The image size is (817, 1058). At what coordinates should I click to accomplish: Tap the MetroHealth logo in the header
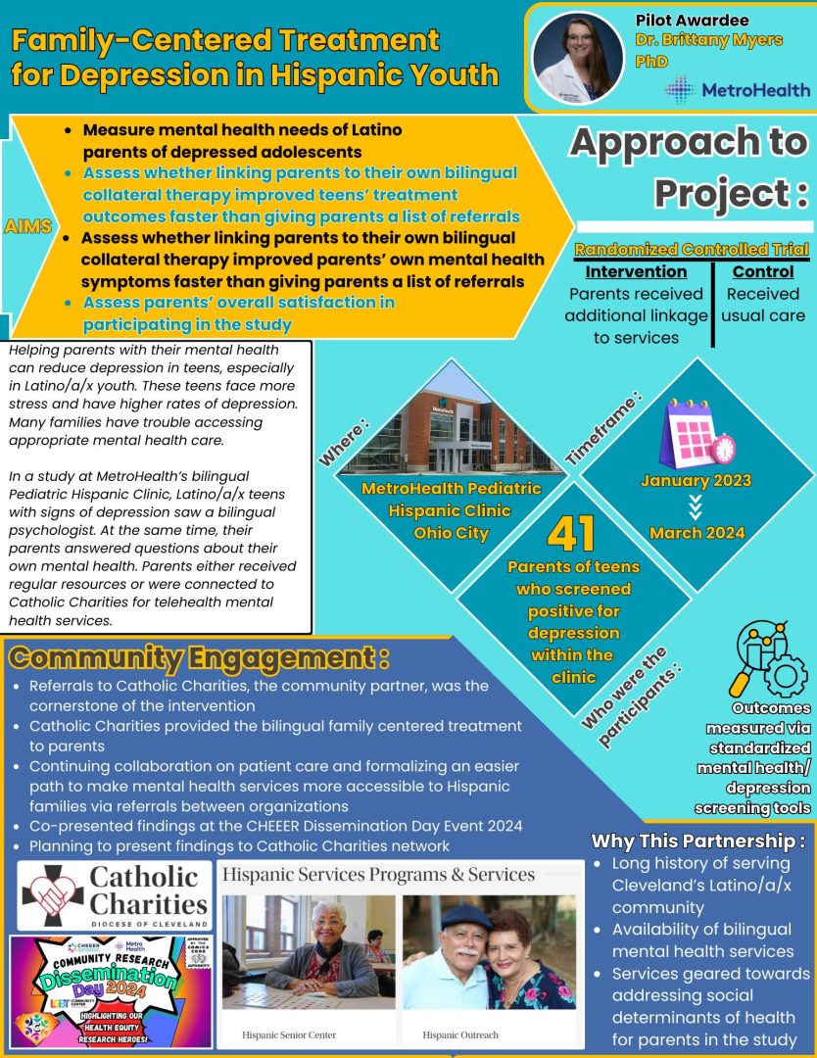coord(737,89)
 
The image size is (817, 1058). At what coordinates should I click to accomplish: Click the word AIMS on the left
coord(28,226)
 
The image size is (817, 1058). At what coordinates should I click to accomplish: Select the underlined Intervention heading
coord(636,271)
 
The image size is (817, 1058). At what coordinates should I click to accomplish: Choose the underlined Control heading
coord(762,271)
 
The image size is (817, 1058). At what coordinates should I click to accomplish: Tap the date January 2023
coord(696,480)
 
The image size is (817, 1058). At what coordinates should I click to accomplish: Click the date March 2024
coord(697,533)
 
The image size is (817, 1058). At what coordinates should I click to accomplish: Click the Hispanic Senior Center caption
coord(289,1034)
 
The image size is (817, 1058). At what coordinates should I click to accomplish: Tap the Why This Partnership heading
coord(698,841)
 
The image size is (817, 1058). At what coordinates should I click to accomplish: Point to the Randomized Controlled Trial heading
coord(691,249)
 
